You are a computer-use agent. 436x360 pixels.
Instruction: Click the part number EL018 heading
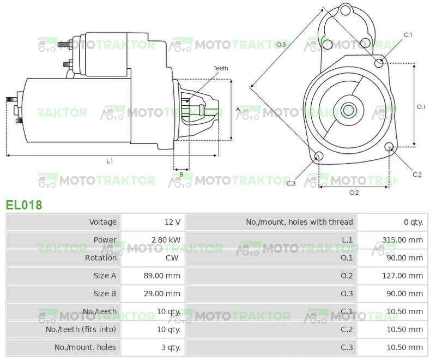tap(24, 205)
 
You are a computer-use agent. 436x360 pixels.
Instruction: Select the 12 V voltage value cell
tap(172, 222)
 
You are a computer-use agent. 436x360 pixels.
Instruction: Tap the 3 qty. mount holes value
tap(170, 347)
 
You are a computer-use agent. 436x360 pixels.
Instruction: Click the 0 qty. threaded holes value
tap(413, 222)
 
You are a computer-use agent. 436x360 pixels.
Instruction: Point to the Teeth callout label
tap(220, 68)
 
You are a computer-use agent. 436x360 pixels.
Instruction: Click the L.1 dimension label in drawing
tap(110, 161)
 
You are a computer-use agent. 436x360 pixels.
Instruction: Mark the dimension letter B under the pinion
tap(181, 175)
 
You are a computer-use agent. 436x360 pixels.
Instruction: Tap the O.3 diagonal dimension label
tap(281, 45)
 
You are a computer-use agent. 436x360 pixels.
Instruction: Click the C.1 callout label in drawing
tap(408, 35)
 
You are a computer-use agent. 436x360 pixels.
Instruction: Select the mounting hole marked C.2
tap(389, 147)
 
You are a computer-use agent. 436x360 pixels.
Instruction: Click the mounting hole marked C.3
tap(319, 157)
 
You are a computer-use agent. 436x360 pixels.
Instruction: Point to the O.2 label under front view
tap(354, 193)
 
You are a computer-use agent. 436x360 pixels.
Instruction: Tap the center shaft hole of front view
tap(348, 107)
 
